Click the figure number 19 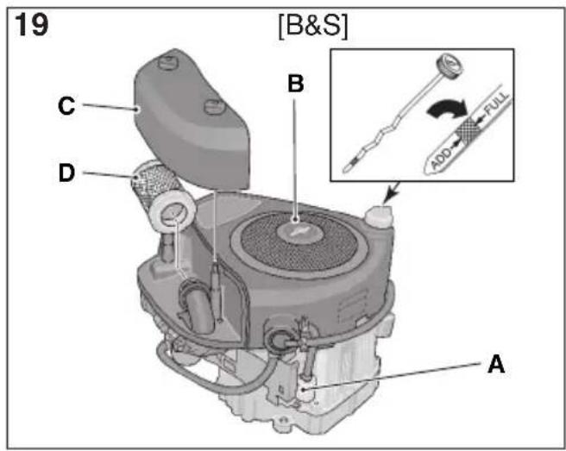click(31, 24)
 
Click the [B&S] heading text click(313, 26)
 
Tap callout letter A click(496, 364)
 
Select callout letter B click(296, 84)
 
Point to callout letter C click(66, 106)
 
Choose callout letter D click(66, 172)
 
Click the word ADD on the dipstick click(441, 158)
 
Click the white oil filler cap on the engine click(379, 216)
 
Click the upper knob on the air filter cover click(167, 63)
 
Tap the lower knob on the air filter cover click(215, 106)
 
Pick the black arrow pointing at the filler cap click(391, 193)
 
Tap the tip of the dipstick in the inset click(345, 169)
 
